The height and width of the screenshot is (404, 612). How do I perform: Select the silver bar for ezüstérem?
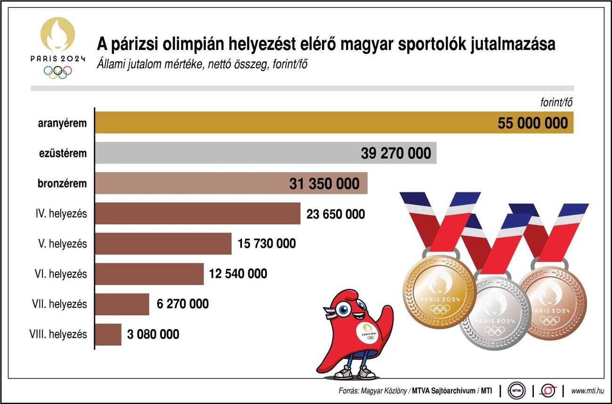226,153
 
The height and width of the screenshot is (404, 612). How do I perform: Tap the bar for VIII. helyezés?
108,334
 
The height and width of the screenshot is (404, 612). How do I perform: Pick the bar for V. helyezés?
163,244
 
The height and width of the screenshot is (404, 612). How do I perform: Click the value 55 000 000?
532,124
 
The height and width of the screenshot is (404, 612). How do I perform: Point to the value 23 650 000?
335,214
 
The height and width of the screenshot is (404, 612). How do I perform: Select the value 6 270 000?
183,304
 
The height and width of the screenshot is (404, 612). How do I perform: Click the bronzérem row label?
63,183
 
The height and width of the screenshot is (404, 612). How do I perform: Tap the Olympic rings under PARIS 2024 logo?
58,72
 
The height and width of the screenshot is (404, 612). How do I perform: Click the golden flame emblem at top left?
57,35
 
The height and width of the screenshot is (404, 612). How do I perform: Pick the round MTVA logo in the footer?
516,390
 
